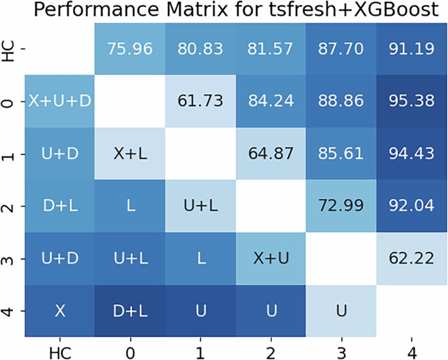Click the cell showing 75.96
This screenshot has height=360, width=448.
coord(129,48)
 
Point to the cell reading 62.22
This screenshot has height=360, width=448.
coord(410,259)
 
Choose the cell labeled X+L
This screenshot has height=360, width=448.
coord(129,153)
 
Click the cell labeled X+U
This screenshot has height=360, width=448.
coord(269,259)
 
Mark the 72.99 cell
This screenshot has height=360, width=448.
coord(340,206)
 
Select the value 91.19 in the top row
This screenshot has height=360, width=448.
coord(410,48)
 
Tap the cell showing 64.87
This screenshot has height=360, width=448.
coord(269,153)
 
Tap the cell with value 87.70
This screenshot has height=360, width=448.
coord(340,48)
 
